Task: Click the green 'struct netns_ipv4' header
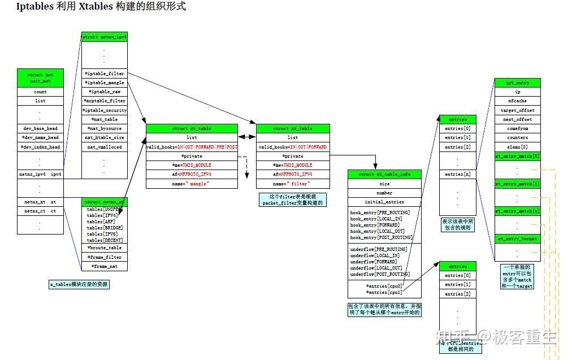105,37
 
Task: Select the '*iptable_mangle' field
105,83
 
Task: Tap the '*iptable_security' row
105,110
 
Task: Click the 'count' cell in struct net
40,92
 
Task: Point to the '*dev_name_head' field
40,137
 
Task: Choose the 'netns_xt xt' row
40,202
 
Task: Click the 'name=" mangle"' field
192,184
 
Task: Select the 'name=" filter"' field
292,184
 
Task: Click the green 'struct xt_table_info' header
384,174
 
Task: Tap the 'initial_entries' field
384,202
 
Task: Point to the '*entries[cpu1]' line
384,292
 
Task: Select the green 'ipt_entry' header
517,83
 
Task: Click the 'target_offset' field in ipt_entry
517,110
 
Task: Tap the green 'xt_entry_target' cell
517,238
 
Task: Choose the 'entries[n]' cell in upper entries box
457,174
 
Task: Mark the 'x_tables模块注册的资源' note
79,285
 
